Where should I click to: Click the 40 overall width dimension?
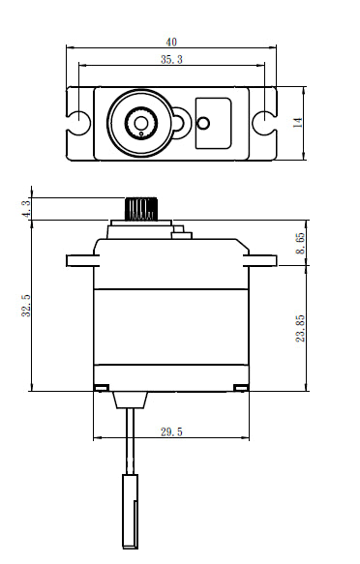pos(171,43)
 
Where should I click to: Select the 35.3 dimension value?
pos(171,60)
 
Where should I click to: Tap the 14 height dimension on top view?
pos(298,122)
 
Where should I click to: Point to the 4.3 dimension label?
pos(27,207)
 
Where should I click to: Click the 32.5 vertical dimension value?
pos(27,305)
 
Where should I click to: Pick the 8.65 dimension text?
pos(300,243)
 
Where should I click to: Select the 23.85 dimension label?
pos(300,328)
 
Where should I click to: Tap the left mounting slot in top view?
pos(77,123)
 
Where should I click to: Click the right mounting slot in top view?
pos(264,123)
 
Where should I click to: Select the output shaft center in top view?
pos(141,123)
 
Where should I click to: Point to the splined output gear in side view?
pos(141,208)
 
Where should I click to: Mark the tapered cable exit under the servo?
pos(129,398)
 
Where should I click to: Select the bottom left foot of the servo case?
pos(100,388)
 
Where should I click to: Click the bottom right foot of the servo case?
pos(242,388)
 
